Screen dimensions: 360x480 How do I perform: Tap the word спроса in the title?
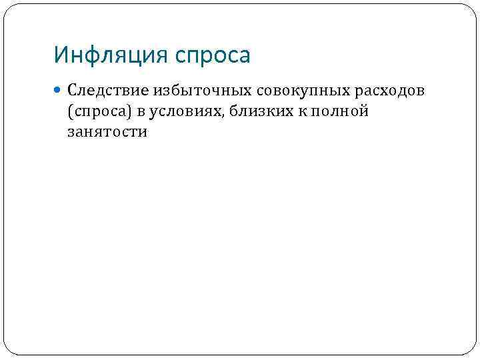point(213,56)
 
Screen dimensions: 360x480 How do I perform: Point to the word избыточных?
point(193,90)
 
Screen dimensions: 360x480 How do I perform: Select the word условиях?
point(187,111)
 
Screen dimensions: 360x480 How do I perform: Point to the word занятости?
point(107,132)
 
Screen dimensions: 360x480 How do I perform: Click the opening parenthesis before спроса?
point(70,111)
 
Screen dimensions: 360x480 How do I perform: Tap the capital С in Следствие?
point(72,90)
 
